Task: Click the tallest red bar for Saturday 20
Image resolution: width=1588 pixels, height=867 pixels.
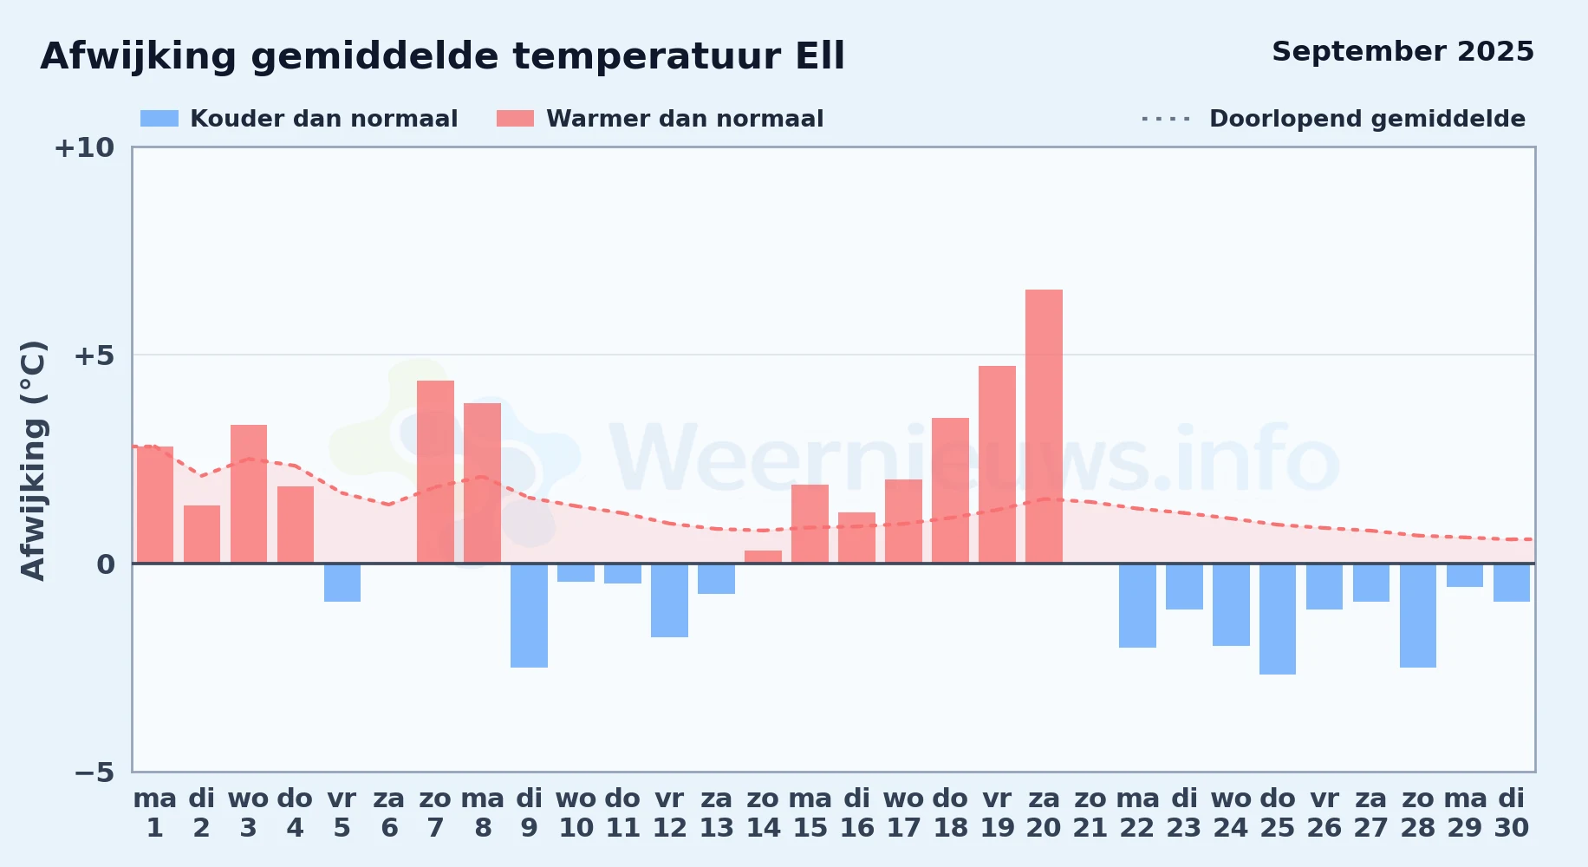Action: [1044, 426]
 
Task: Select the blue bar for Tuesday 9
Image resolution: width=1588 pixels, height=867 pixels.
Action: [529, 616]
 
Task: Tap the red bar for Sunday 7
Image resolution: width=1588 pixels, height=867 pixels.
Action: [435, 472]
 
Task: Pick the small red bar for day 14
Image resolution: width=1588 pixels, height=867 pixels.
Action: [763, 557]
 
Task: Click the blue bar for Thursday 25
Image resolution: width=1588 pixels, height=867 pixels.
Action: [1278, 619]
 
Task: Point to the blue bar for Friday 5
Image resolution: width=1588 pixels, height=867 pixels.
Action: [342, 583]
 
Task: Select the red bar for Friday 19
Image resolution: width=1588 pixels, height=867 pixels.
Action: [997, 465]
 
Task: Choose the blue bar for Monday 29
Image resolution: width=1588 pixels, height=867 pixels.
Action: [1465, 575]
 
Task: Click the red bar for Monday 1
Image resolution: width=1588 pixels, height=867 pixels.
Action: [155, 505]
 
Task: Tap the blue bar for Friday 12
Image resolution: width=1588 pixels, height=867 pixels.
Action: [669, 600]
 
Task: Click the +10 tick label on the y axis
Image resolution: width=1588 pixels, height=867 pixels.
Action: [84, 147]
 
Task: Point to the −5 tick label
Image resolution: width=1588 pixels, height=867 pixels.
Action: [94, 772]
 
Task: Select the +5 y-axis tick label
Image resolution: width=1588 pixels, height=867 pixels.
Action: [94, 355]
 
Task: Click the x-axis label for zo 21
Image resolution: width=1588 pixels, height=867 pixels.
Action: [1090, 812]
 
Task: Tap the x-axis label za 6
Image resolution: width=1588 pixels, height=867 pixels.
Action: [389, 812]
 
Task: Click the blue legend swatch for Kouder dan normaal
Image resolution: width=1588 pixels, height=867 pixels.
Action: [159, 119]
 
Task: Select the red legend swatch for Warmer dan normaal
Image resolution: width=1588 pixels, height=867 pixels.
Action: [515, 119]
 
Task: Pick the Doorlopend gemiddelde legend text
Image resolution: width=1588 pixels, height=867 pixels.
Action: [1367, 119]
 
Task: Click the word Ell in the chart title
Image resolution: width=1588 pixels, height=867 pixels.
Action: [820, 56]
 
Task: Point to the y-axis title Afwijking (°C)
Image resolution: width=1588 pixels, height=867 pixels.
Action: [33, 460]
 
